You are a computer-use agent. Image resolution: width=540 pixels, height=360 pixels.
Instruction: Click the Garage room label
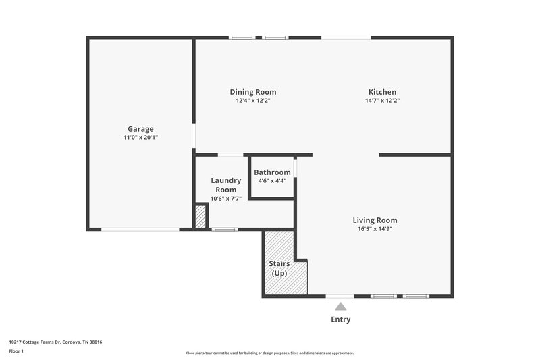[x=141, y=129]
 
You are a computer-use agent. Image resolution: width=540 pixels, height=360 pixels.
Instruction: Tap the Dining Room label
[x=253, y=92]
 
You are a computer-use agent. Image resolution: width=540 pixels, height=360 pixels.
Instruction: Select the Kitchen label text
[x=382, y=92]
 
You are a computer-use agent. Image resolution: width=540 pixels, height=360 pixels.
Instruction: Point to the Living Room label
[x=375, y=220]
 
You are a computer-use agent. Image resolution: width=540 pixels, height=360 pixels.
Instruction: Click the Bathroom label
[x=272, y=172]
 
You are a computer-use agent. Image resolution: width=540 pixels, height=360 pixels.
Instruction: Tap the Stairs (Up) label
[x=279, y=268]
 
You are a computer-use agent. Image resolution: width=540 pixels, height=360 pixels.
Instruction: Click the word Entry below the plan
[x=340, y=319]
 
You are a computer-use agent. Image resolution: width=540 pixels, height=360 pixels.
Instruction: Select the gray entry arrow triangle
[x=340, y=307]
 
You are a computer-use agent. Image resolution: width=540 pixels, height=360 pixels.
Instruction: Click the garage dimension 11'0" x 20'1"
[x=141, y=138]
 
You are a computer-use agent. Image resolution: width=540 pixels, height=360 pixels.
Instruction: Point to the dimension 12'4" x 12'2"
[x=253, y=101]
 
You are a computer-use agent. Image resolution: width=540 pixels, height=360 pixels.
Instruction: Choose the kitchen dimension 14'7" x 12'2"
[x=382, y=101]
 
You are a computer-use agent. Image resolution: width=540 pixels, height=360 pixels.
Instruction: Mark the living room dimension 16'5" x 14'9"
[x=375, y=229]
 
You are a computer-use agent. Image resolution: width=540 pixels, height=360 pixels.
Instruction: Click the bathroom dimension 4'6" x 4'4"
[x=272, y=181]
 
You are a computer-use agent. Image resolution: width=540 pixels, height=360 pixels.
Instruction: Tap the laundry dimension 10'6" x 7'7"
[x=225, y=199]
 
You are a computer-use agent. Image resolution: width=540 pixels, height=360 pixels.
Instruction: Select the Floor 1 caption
[x=17, y=351]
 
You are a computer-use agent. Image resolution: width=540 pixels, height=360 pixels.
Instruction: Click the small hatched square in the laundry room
[x=200, y=216]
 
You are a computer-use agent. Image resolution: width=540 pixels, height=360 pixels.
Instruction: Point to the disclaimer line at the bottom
[x=270, y=353]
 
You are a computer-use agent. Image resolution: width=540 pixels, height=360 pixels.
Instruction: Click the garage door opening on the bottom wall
[x=140, y=230]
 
